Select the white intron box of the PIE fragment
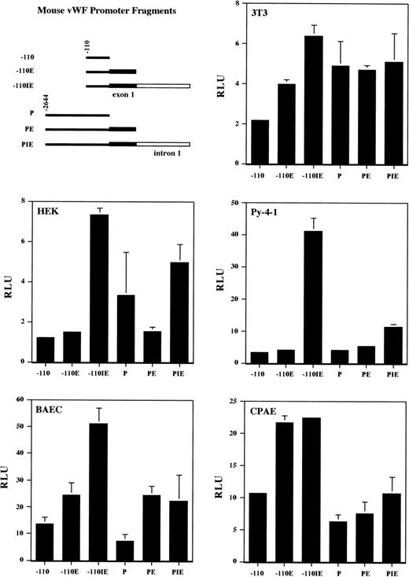(163, 144)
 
